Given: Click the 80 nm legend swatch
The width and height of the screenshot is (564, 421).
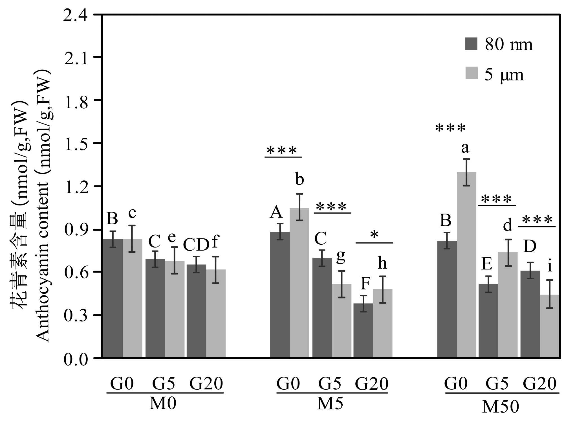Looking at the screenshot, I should tap(471, 44).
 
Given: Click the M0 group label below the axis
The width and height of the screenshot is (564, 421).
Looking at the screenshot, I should tap(163, 404).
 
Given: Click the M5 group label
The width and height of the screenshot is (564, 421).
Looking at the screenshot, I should tap(330, 404).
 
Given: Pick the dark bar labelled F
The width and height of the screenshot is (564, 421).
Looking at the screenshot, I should tap(363, 330).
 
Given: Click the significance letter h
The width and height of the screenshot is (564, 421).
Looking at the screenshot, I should tap(382, 263).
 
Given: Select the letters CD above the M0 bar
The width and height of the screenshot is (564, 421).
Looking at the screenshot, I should tap(196, 245).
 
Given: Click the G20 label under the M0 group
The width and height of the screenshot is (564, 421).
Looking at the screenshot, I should tap(206, 384).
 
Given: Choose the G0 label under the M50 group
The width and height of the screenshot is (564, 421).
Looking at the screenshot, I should tap(455, 384).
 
